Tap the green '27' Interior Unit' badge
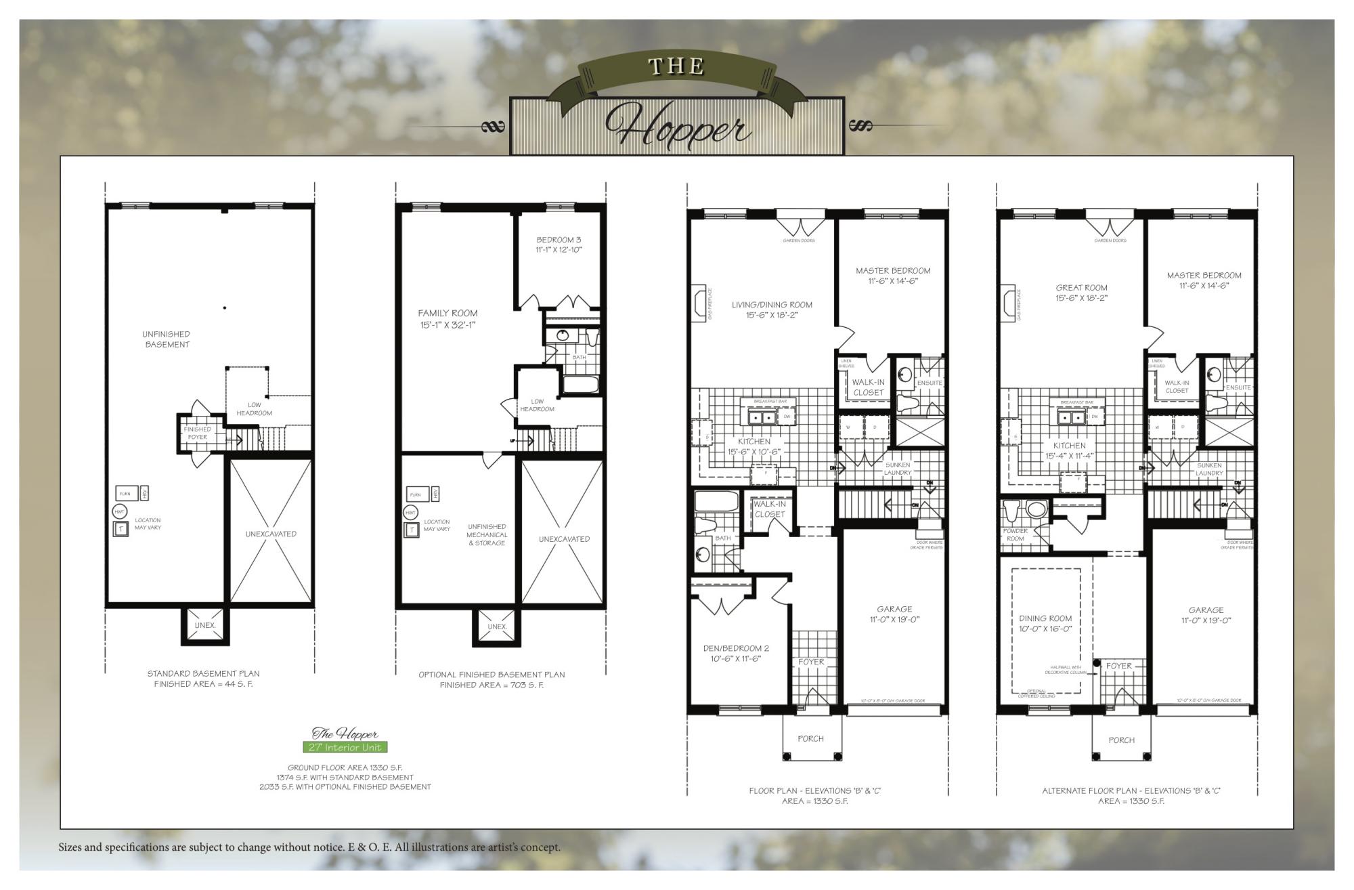345,747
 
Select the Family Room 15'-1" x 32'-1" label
447,318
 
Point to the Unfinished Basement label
167,339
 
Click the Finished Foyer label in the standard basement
197,433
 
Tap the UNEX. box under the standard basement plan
205,625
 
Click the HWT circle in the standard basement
120,511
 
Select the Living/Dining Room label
772,310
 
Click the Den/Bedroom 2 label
736,653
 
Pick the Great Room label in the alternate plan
1081,293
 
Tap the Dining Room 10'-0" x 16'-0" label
1045,623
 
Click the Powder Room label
1016,534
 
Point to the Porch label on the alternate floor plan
1121,740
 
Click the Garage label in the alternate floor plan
1206,614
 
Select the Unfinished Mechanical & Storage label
487,534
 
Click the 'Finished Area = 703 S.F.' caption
492,685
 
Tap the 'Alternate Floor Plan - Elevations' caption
1131,790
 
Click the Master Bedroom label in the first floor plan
893,275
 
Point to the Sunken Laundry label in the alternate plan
1208,469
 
